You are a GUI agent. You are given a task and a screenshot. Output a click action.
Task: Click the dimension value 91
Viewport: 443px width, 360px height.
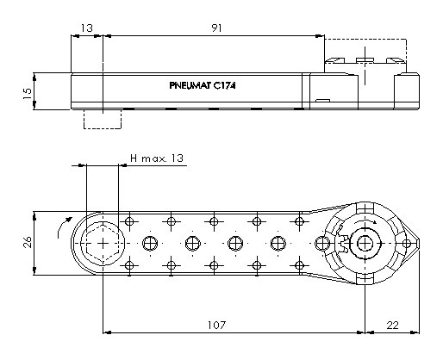216,28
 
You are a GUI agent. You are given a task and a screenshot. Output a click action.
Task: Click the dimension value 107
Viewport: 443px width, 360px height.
217,326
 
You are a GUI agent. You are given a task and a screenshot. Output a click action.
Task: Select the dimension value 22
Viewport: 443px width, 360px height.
393,326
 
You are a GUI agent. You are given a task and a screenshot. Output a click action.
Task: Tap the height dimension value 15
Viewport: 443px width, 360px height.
28,94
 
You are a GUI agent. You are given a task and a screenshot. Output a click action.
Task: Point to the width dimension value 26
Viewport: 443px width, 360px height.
28,242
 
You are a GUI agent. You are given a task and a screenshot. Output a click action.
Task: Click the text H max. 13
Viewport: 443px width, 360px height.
157,158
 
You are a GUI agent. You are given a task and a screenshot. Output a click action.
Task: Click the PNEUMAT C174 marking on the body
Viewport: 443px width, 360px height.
203,85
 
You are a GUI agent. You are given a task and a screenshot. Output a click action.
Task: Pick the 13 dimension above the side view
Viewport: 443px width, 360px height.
86,28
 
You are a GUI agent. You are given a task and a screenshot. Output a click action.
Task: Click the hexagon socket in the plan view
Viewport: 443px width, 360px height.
103,244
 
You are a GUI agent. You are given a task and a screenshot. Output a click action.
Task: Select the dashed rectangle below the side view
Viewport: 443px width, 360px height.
103,128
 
